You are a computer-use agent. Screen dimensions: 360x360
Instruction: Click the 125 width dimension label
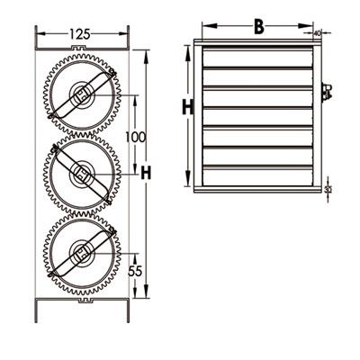click(x=80, y=34)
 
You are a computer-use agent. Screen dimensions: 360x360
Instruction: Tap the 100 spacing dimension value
click(x=135, y=137)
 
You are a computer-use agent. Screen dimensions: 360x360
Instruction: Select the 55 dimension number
click(x=135, y=271)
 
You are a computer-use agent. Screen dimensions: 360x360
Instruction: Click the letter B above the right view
click(x=259, y=27)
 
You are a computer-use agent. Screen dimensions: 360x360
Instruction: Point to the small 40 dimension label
click(x=317, y=33)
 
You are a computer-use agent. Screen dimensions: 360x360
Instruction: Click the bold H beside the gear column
click(x=146, y=173)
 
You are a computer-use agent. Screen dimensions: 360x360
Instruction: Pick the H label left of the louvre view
click(x=188, y=107)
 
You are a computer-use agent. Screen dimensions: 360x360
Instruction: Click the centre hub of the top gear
click(x=82, y=95)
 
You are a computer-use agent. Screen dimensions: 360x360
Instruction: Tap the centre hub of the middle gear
click(x=82, y=174)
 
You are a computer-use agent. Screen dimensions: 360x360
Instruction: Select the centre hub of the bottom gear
click(x=82, y=253)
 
